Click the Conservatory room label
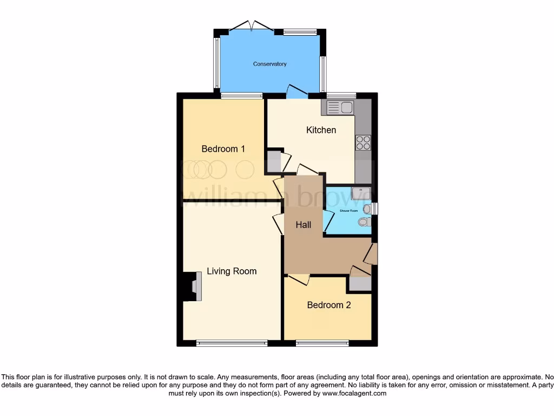click(x=270, y=64)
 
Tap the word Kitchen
click(x=321, y=130)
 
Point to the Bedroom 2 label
click(x=329, y=305)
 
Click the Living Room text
click(x=232, y=271)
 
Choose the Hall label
click(x=303, y=224)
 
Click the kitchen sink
click(x=337, y=107)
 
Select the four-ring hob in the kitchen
click(x=363, y=142)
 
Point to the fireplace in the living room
click(x=193, y=286)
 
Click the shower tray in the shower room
click(x=360, y=194)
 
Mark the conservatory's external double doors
click(x=250, y=26)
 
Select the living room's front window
click(x=232, y=343)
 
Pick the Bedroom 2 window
click(x=322, y=343)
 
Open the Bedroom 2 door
click(x=298, y=278)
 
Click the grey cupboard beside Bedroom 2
click(x=360, y=283)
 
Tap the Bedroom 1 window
click(x=242, y=96)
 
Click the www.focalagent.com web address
click(x=354, y=394)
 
